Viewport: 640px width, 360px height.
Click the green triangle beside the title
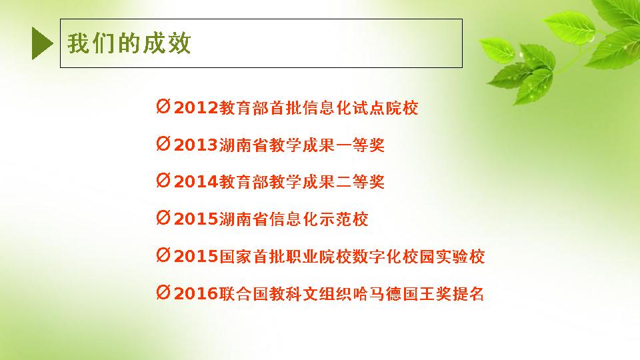[41, 43]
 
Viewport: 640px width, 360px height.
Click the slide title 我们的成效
[129, 43]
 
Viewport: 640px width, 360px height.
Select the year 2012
[196, 108]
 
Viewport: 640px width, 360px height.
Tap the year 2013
[196, 145]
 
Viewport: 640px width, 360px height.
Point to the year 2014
[196, 181]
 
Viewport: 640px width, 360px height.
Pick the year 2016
[196, 293]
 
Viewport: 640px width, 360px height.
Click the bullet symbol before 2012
[163, 107]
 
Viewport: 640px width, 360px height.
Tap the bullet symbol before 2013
[163, 144]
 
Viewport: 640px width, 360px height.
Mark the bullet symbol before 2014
[163, 181]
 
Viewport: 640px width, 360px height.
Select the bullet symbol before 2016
[163, 292]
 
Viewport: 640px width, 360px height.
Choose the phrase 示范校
[344, 219]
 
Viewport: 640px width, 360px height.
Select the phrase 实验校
[461, 256]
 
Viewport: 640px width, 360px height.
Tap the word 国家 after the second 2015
[235, 256]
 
